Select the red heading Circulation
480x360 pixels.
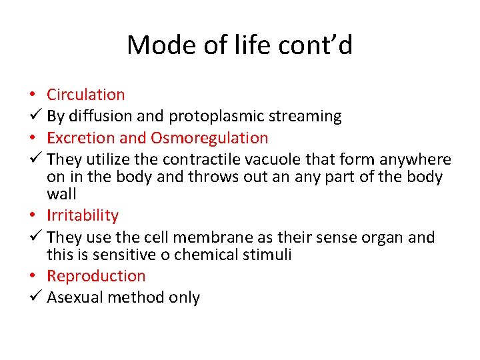[85, 95]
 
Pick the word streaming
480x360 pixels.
[305, 116]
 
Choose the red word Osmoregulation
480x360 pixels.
[209, 138]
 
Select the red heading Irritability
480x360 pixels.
[83, 215]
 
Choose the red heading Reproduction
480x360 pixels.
[96, 276]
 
